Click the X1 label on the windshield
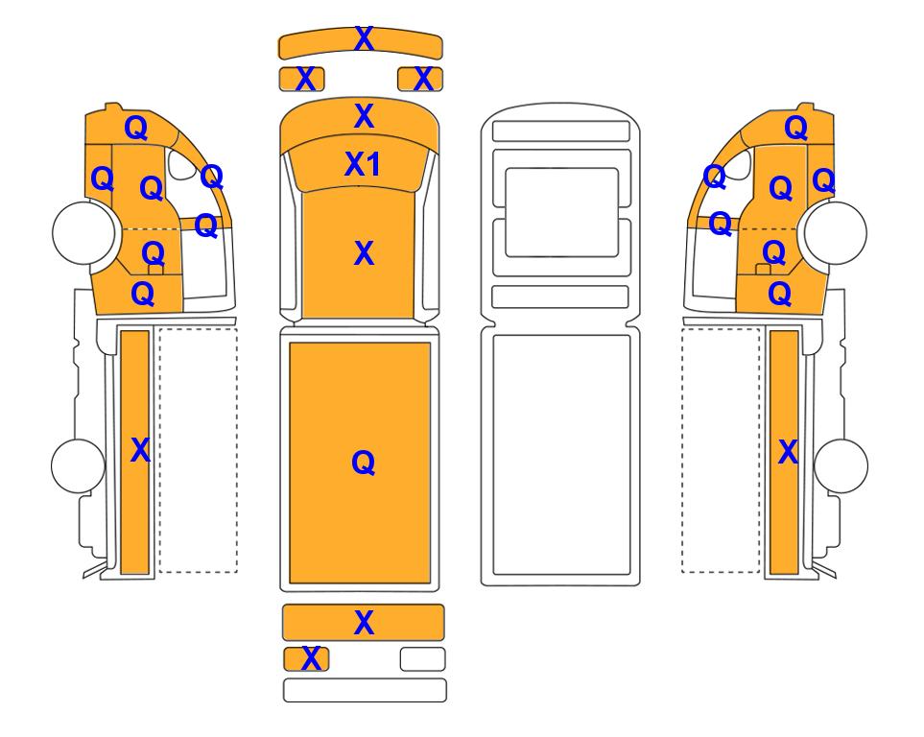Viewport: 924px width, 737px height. tap(363, 164)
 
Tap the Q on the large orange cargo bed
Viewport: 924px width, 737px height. tap(363, 463)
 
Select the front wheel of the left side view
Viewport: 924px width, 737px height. tap(83, 231)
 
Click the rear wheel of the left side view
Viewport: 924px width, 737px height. tap(79, 465)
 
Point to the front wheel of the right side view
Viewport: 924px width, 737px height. tap(836, 233)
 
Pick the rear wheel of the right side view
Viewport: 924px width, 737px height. tap(841, 465)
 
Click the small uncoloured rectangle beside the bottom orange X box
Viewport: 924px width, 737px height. tap(422, 659)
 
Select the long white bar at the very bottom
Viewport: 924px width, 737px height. tap(365, 690)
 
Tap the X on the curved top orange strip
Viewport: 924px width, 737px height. tap(365, 39)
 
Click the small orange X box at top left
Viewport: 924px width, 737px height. tap(301, 79)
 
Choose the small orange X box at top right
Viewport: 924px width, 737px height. tap(420, 79)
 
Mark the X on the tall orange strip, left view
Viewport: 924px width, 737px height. tap(140, 450)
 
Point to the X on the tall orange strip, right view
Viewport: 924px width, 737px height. tap(788, 452)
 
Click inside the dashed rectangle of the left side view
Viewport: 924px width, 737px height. tap(198, 450)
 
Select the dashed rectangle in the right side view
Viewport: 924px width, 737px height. tap(721, 450)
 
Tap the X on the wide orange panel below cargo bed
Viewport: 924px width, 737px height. tap(365, 623)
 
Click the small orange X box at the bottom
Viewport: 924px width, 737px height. tap(306, 659)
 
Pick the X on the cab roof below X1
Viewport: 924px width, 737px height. tap(365, 253)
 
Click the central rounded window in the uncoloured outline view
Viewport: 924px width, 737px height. tap(561, 212)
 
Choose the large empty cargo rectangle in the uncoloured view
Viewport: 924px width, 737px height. tap(561, 455)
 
